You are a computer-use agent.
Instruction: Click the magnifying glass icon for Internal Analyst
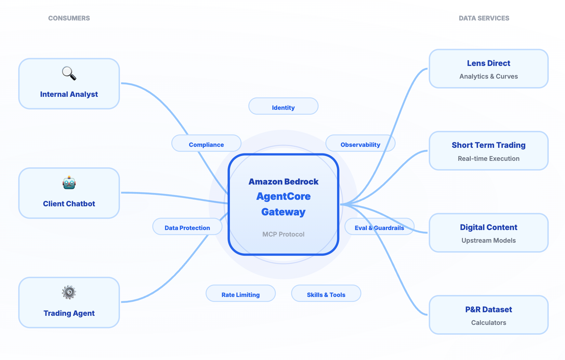pyautogui.click(x=69, y=73)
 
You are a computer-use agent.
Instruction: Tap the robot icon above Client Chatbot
pyautogui.click(x=69, y=183)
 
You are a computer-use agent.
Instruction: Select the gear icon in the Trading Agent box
pyautogui.click(x=69, y=292)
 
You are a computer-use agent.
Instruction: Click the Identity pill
pyautogui.click(x=283, y=106)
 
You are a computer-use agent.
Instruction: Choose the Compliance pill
pyautogui.click(x=206, y=143)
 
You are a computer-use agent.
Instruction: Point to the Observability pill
pyautogui.click(x=360, y=143)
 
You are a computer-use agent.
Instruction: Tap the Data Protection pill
pyautogui.click(x=187, y=226)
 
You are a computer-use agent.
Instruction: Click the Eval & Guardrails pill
pyautogui.click(x=379, y=226)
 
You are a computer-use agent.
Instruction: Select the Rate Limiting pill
pyautogui.click(x=241, y=293)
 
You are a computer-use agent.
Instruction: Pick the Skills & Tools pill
pyautogui.click(x=326, y=293)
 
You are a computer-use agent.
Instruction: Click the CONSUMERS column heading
pyautogui.click(x=69, y=18)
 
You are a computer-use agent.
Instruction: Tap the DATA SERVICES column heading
pyautogui.click(x=484, y=18)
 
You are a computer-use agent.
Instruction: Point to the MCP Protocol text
pyautogui.click(x=283, y=234)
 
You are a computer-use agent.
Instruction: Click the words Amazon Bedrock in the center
pyautogui.click(x=283, y=182)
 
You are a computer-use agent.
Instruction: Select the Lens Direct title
pyautogui.click(x=489, y=63)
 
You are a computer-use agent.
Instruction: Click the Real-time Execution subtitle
pyautogui.click(x=489, y=159)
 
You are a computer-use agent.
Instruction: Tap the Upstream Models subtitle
pyautogui.click(x=489, y=240)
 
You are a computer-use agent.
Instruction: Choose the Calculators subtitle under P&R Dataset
pyautogui.click(x=489, y=323)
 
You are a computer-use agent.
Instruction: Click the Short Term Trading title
pyautogui.click(x=489, y=145)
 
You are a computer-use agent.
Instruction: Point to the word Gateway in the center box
pyautogui.click(x=283, y=212)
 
